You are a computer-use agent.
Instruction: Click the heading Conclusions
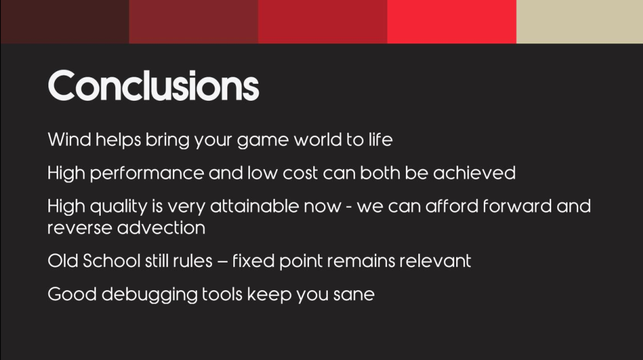tap(154, 86)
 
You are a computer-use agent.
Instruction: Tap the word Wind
tap(69, 140)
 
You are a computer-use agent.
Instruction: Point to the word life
tap(381, 140)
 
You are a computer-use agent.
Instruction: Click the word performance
tap(147, 174)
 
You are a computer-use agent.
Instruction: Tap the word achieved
tap(474, 172)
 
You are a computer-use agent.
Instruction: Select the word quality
tap(118, 206)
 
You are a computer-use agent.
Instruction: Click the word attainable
tap(254, 206)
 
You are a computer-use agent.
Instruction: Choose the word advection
tap(161, 228)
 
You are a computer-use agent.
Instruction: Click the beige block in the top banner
tap(579, 21)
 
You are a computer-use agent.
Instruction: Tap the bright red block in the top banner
tap(452, 21)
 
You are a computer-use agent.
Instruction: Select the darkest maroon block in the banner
tap(64, 21)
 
